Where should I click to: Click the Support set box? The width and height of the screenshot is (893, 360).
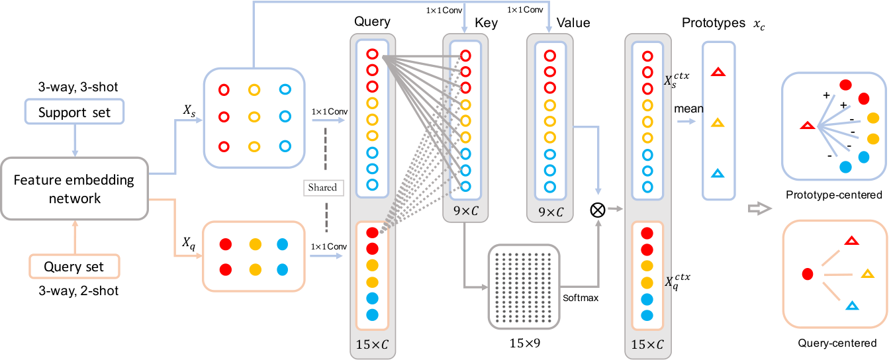[x=74, y=112]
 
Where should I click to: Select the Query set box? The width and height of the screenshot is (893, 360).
[x=74, y=266]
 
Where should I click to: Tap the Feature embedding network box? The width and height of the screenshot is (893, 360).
[x=74, y=189]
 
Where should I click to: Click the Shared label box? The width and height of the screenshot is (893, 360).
[x=323, y=187]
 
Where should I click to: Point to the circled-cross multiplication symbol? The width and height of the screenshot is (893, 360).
[x=598, y=210]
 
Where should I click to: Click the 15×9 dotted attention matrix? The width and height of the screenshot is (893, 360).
[x=524, y=287]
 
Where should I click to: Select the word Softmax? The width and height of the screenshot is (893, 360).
[x=581, y=298]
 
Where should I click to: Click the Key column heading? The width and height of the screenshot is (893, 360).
[x=486, y=22]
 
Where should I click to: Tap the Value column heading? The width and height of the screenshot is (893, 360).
[x=573, y=22]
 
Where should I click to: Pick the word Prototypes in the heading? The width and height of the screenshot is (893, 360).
[x=713, y=23]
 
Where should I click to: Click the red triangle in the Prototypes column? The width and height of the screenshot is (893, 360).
[x=718, y=72]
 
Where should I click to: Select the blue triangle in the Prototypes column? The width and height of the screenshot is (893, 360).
[x=718, y=173]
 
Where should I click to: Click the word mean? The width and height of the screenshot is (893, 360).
[x=688, y=109]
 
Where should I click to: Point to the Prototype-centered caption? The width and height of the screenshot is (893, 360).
[x=833, y=195]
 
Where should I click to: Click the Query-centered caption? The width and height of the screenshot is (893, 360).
[x=837, y=343]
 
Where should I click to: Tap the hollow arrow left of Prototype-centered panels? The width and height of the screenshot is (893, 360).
[x=759, y=208]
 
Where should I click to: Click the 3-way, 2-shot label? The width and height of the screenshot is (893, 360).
[x=79, y=291]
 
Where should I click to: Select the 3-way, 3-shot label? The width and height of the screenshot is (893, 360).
[x=78, y=87]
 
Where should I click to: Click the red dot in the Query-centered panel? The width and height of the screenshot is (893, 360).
[x=808, y=274]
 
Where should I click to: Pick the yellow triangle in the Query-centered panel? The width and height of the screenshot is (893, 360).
[x=867, y=274]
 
